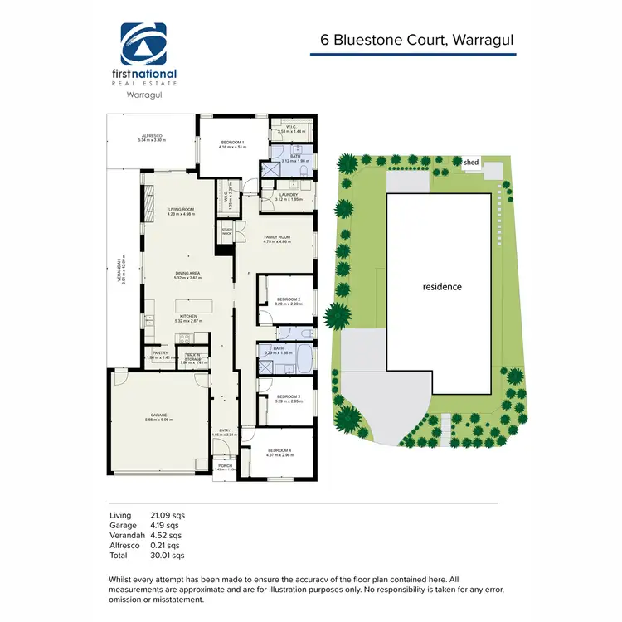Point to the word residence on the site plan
click(442, 287)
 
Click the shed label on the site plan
click(471, 163)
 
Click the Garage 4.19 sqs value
click(168, 525)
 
